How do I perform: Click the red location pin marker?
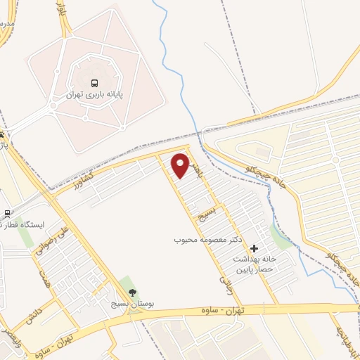pyautogui.click(x=181, y=165)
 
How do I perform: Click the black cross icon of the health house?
pyautogui.click(x=254, y=248)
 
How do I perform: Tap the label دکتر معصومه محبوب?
pyautogui.click(x=208, y=240)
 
